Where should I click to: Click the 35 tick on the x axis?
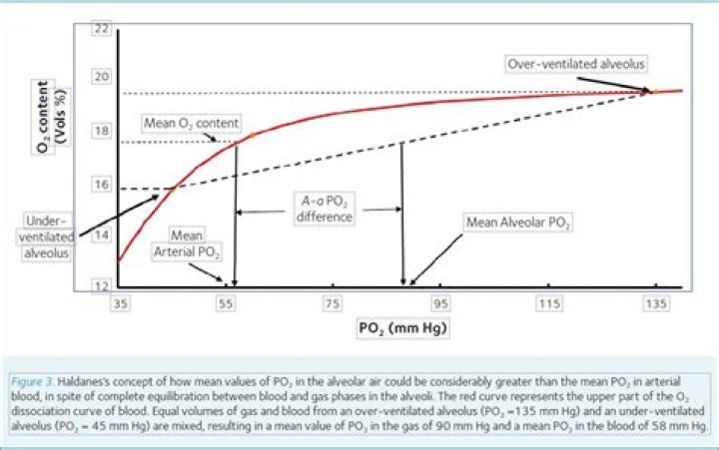[x=122, y=300]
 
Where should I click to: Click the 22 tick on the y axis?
[x=101, y=28]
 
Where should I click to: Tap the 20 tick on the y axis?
[x=101, y=77]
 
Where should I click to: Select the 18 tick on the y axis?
[x=101, y=131]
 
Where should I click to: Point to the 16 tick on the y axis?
[x=101, y=184]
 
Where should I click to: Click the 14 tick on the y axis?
[x=101, y=235]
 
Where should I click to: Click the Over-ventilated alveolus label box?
[x=576, y=64]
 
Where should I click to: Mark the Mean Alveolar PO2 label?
[x=518, y=222]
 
